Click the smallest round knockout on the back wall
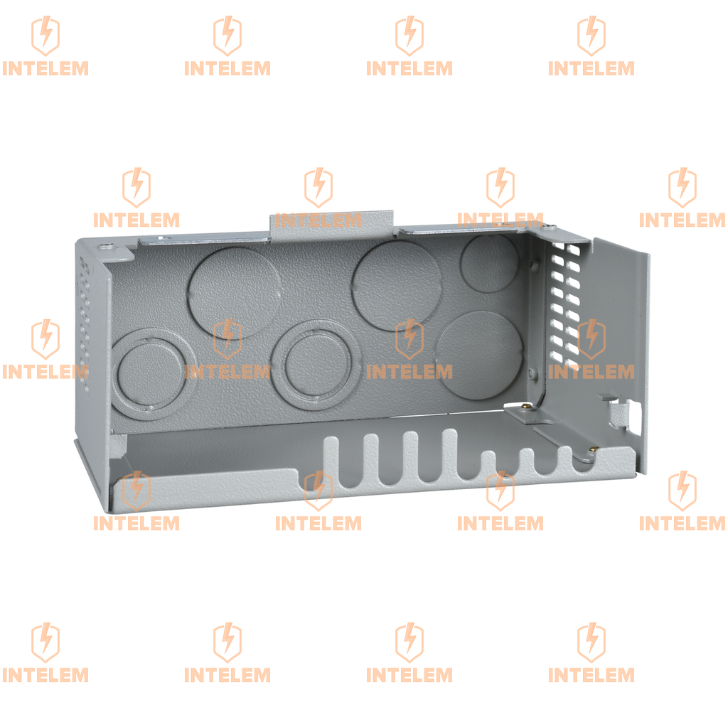click(489, 263)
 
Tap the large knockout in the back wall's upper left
click(235, 292)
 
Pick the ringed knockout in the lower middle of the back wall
click(317, 365)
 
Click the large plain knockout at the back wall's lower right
click(480, 355)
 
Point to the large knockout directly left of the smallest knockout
click(397, 285)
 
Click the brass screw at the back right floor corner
click(526, 406)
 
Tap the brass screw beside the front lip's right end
click(593, 449)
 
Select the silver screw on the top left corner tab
click(108, 245)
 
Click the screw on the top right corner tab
click(550, 227)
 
